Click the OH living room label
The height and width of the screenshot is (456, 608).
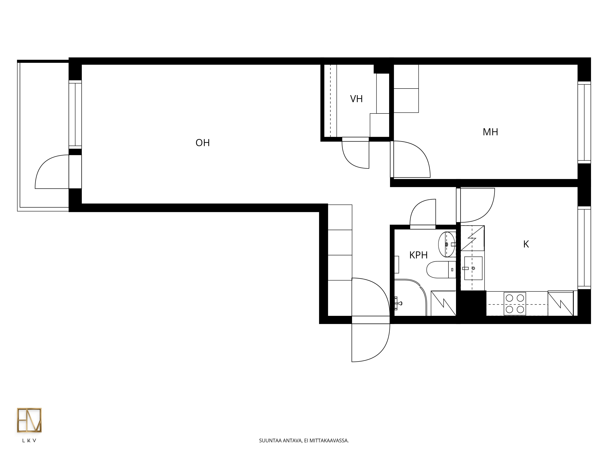[203, 143]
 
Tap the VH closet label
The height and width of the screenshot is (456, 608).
[356, 99]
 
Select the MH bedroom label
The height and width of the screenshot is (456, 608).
[490, 132]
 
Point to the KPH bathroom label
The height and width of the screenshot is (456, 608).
[418, 255]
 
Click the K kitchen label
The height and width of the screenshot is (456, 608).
[526, 244]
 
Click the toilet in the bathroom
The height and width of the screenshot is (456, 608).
[441, 270]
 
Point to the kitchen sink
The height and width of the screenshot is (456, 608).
[473, 268]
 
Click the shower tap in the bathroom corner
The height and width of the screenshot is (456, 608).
[398, 303]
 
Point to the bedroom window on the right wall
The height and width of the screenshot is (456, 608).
[584, 122]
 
